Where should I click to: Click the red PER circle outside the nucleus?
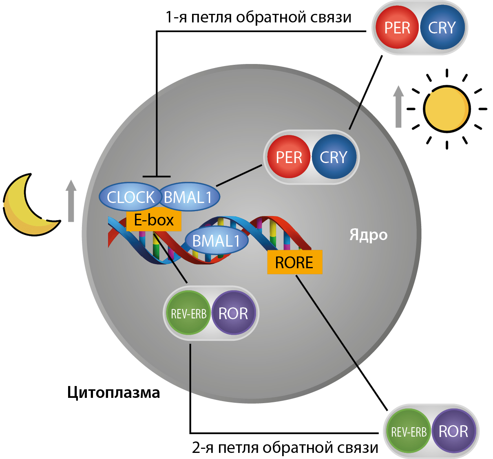click(397, 28)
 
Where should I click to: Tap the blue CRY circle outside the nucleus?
click(442, 28)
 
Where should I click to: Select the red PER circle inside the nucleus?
click(289, 157)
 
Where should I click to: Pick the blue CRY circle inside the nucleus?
click(334, 157)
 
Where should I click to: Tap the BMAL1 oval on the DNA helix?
click(216, 241)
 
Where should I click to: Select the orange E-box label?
click(154, 221)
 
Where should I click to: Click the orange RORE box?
click(294, 263)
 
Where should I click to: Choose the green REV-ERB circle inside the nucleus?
click(188, 313)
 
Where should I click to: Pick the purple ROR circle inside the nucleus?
click(233, 313)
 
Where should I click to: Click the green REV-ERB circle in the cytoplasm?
click(409, 431)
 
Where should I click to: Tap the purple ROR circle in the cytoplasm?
click(453, 431)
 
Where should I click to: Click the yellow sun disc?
click(447, 109)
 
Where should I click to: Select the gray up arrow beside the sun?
click(398, 107)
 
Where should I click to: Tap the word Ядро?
click(368, 235)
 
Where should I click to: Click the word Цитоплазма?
click(113, 393)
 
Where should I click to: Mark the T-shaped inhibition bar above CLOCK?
click(157, 177)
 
